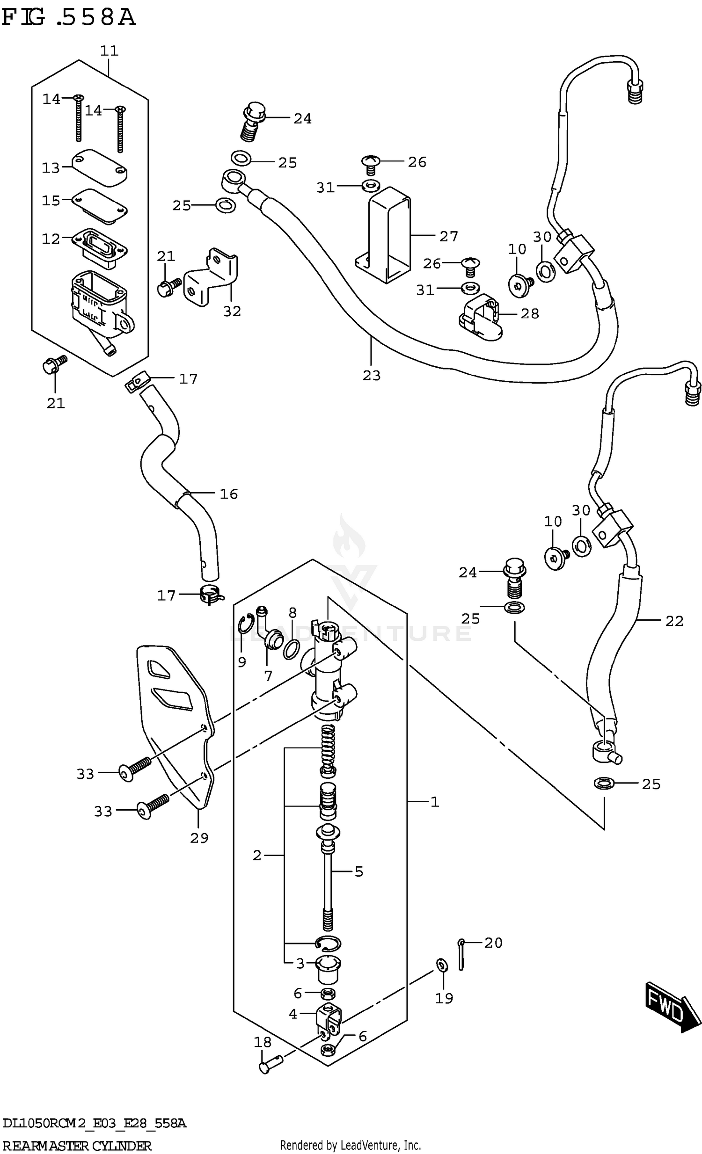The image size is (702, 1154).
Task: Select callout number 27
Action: [x=448, y=237]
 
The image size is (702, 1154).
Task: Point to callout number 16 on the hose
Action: [x=228, y=494]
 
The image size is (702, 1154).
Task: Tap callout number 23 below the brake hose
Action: [x=371, y=375]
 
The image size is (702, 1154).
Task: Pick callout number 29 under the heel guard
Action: [x=199, y=838]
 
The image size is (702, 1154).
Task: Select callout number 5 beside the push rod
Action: [x=358, y=871]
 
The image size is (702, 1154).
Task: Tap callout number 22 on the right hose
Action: [x=674, y=621]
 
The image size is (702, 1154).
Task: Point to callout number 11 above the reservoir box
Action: [x=109, y=51]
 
